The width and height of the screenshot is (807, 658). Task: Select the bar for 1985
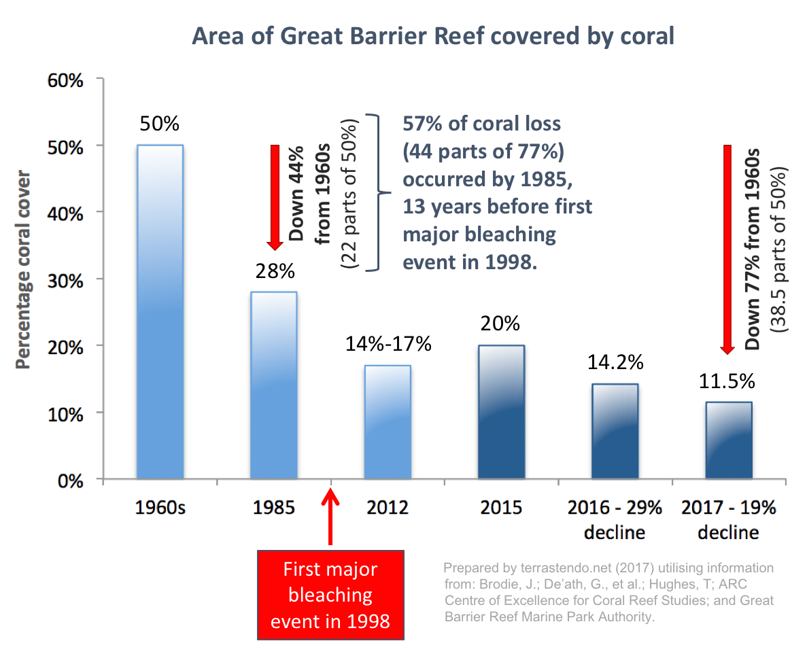(273, 385)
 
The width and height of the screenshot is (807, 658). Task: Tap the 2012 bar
(387, 421)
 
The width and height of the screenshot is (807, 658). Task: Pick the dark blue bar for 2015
(501, 412)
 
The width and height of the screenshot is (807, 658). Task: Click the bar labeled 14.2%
(615, 431)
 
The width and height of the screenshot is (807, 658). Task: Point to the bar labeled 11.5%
(728, 440)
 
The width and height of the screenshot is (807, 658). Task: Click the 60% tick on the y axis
(66, 80)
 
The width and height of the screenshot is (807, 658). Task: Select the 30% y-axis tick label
(66, 279)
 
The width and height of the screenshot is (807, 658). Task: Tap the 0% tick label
(70, 480)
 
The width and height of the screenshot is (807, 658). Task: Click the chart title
(433, 36)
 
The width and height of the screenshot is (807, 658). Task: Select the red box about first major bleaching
(330, 595)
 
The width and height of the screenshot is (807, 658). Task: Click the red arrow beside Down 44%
(275, 197)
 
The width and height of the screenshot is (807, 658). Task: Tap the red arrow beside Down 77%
(727, 249)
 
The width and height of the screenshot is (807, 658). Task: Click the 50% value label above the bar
(160, 124)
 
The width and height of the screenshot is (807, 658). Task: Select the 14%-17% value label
(387, 344)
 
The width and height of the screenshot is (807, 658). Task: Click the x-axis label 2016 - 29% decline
(615, 520)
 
